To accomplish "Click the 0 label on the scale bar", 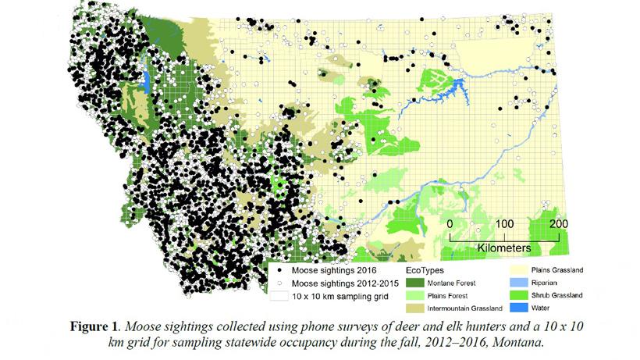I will tap(450, 224).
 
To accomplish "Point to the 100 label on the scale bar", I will tap(504, 224).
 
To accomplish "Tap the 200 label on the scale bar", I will tap(558, 224).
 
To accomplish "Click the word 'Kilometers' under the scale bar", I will tap(504, 248).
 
